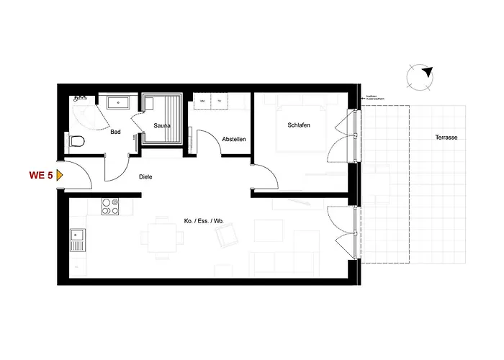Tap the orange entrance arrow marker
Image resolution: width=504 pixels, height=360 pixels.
(60, 174)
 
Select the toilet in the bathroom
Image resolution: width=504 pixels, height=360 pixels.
(78, 139)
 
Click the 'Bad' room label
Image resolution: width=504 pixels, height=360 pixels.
(114, 132)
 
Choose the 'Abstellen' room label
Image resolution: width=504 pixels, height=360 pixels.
(234, 138)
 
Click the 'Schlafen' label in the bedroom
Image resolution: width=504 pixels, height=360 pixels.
(298, 125)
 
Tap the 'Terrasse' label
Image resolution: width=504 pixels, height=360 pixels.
(446, 137)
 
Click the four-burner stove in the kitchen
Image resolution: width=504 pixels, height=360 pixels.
(109, 206)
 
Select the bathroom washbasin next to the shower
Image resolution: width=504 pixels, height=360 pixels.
(118, 103)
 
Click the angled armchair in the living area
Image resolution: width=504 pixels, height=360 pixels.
(229, 234)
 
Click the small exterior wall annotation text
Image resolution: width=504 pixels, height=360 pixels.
(376, 98)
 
